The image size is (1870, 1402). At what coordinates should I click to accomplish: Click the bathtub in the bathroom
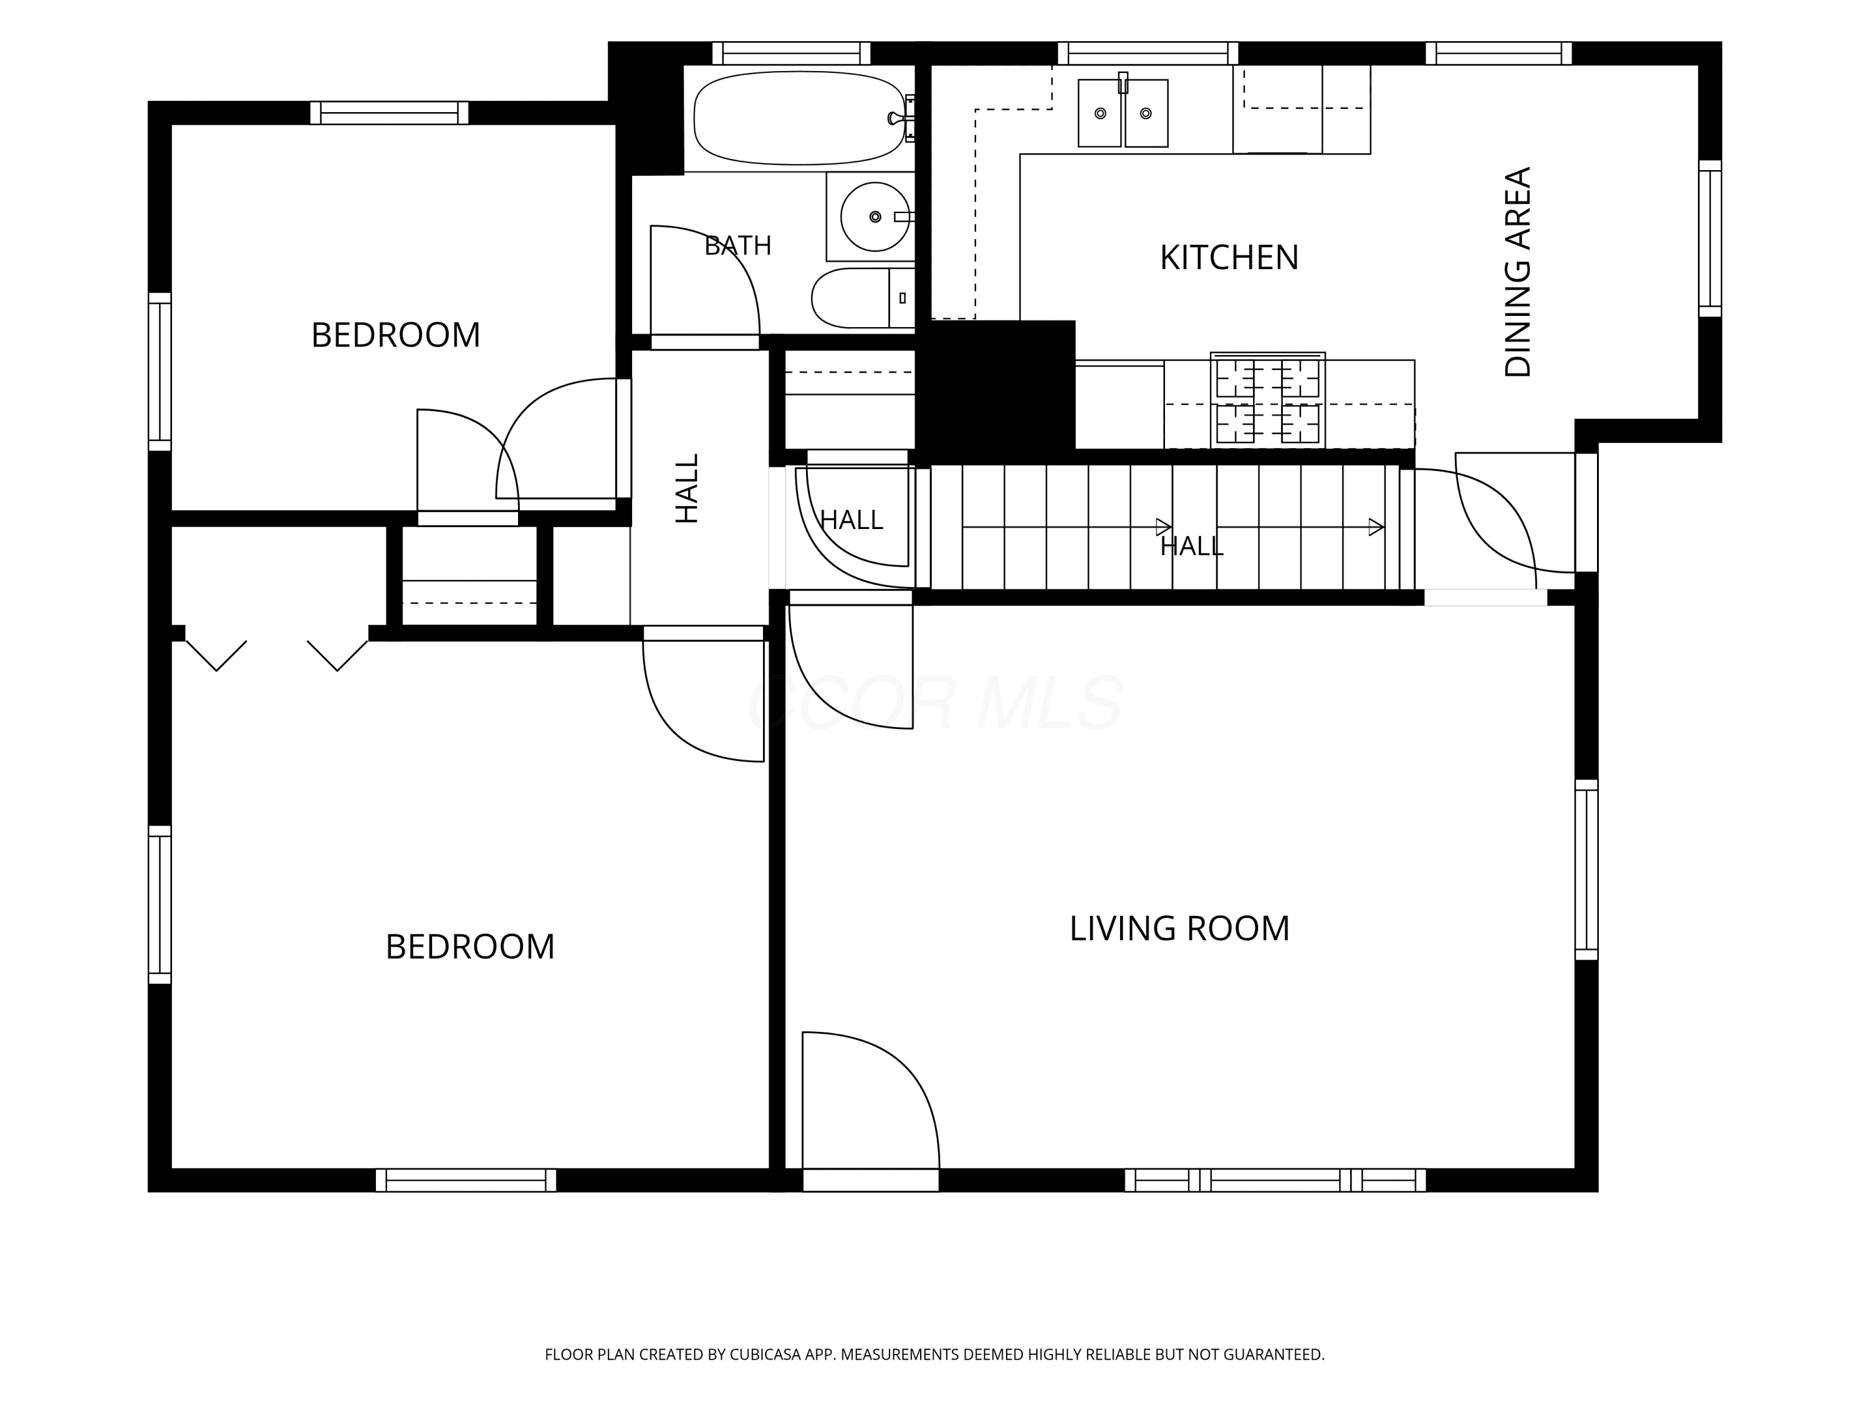[799, 118]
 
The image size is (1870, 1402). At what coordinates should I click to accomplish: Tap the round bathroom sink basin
[875, 217]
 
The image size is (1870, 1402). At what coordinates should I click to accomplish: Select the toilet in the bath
[862, 298]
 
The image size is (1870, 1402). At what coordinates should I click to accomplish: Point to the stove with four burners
[1267, 400]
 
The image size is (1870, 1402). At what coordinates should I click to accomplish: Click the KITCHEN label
[1229, 258]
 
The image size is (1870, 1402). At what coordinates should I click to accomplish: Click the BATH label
[738, 246]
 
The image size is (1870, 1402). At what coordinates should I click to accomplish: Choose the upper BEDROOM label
[396, 335]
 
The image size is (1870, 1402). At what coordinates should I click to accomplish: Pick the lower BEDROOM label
[470, 947]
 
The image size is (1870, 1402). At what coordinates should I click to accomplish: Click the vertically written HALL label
[688, 489]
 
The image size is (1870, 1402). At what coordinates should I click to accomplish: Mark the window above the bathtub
[791, 53]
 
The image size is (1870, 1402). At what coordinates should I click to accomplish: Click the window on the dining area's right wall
[1709, 238]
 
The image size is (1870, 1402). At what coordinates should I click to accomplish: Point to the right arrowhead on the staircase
[1376, 527]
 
